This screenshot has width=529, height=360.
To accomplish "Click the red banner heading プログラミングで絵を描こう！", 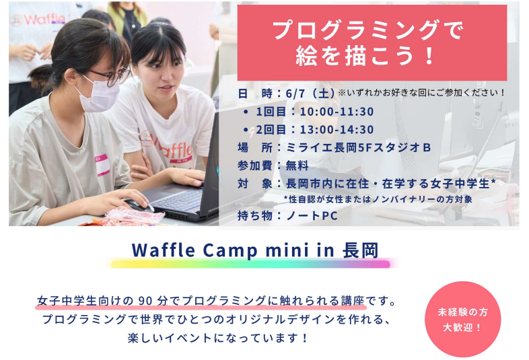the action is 372,42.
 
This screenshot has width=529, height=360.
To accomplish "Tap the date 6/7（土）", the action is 310,93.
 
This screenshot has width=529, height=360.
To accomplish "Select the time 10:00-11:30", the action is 337,111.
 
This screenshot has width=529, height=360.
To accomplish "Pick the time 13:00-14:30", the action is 337,129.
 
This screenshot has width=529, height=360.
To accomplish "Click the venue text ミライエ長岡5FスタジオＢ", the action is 358,147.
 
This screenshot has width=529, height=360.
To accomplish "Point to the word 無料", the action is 297,166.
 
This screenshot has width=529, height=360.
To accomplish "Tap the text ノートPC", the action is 312,215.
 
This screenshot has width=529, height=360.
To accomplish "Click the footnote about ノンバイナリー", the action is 378,199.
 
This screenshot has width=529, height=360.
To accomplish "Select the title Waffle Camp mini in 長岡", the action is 255,250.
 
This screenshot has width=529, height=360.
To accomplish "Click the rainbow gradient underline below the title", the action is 250,264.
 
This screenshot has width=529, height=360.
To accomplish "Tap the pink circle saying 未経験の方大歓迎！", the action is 462,319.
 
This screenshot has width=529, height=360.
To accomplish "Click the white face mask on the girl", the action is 97,94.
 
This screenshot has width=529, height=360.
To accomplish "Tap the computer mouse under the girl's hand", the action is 139,205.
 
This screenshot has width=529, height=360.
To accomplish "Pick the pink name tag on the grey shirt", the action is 102,165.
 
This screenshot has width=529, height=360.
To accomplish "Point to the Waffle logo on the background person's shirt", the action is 37,20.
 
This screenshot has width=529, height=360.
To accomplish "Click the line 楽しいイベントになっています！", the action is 218,338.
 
